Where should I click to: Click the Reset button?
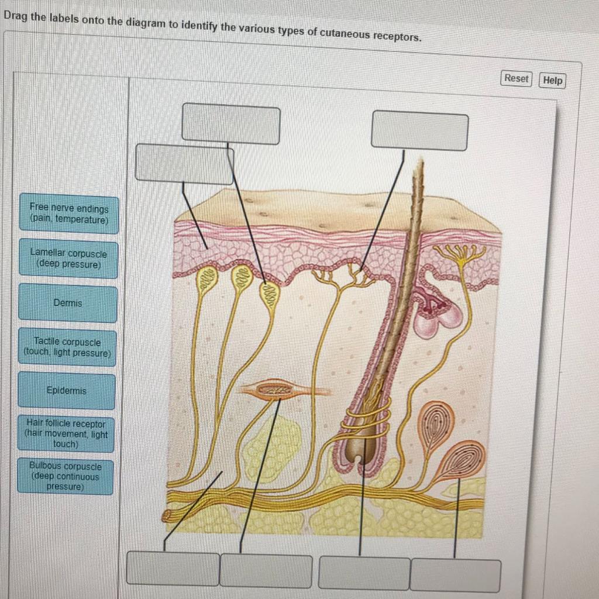pyautogui.click(x=516, y=78)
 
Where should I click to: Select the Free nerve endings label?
pyautogui.click(x=69, y=214)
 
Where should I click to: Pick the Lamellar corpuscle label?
pyautogui.click(x=68, y=259)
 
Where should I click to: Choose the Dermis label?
pyautogui.click(x=68, y=303)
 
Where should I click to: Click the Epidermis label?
pyautogui.click(x=67, y=390)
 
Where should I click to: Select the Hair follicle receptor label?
pyautogui.click(x=66, y=433)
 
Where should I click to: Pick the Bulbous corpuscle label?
pyautogui.click(x=66, y=476)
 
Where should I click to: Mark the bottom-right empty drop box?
pyautogui.click(x=455, y=575)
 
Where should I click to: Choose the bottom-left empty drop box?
pyautogui.click(x=173, y=568)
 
